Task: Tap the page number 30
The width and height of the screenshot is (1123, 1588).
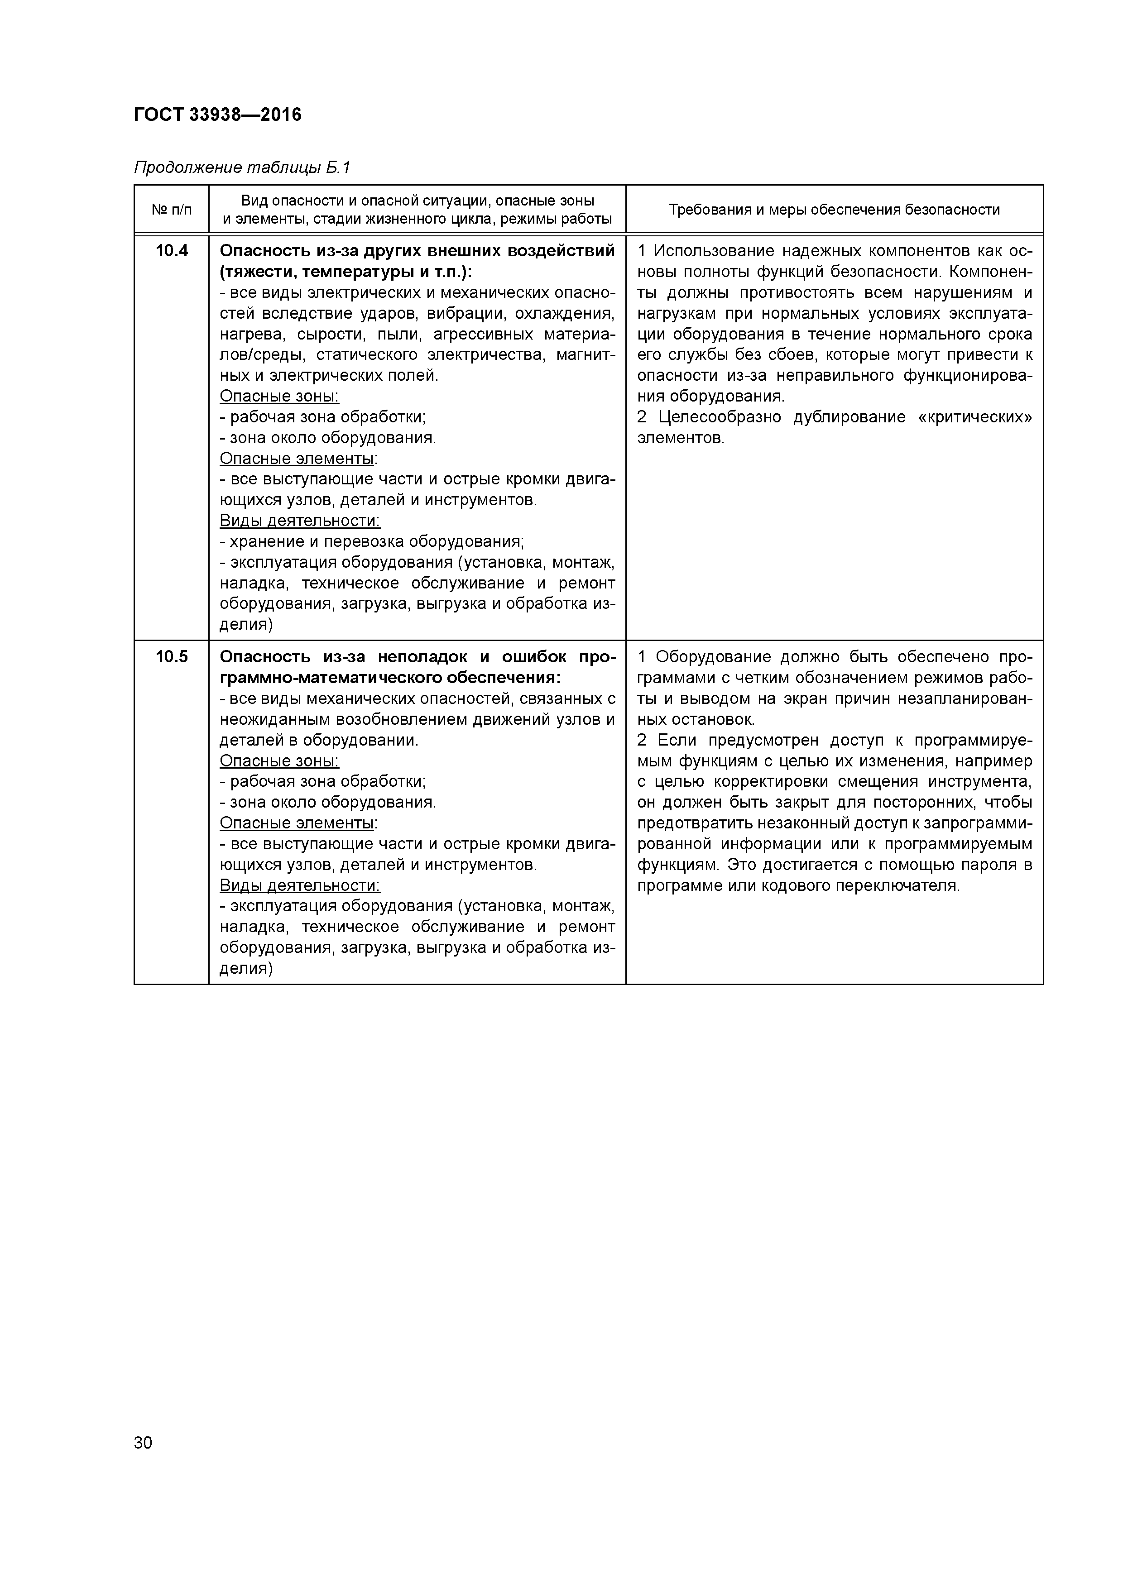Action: (143, 1443)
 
